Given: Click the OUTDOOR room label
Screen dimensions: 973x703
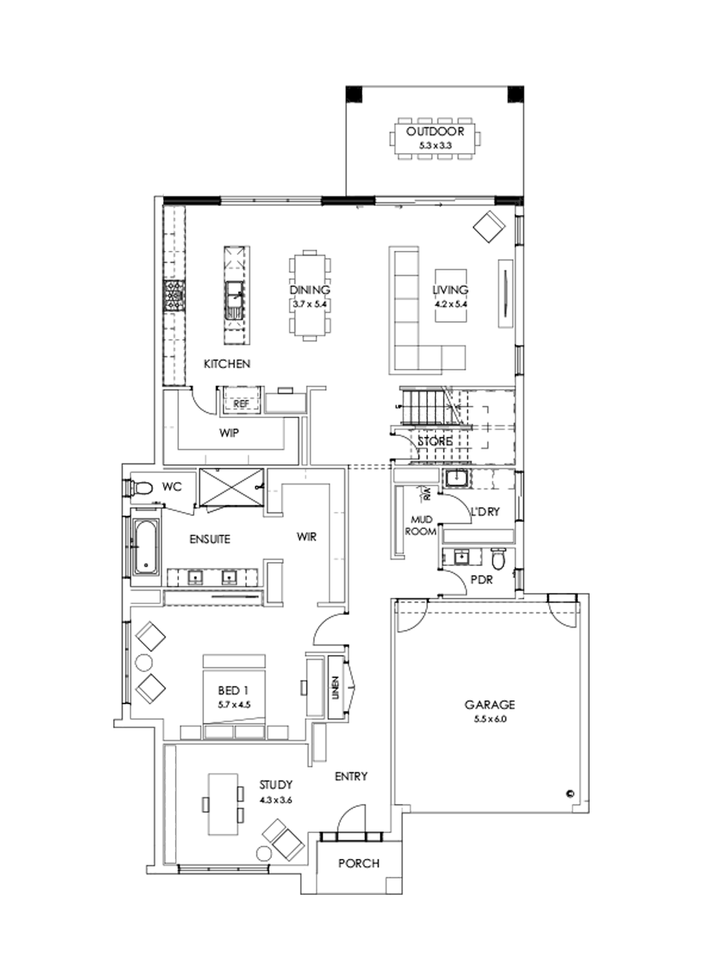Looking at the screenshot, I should point(435,131).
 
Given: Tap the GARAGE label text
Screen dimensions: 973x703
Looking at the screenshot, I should point(485,703).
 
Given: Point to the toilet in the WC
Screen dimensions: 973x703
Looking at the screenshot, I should point(141,488).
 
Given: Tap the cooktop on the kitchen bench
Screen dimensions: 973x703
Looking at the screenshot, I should point(173,298).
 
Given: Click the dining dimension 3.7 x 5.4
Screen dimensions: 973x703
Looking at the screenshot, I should point(311,302).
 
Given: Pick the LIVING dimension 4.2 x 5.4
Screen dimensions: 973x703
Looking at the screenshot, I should point(451,302).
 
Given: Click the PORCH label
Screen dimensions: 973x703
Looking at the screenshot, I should point(359,864).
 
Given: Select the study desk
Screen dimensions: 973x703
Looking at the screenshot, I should point(222,805).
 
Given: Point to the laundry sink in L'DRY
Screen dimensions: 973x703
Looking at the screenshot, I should point(456,480).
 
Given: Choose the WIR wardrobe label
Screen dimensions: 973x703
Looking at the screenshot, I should point(305,537).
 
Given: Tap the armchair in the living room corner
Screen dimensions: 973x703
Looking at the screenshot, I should point(490,227).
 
